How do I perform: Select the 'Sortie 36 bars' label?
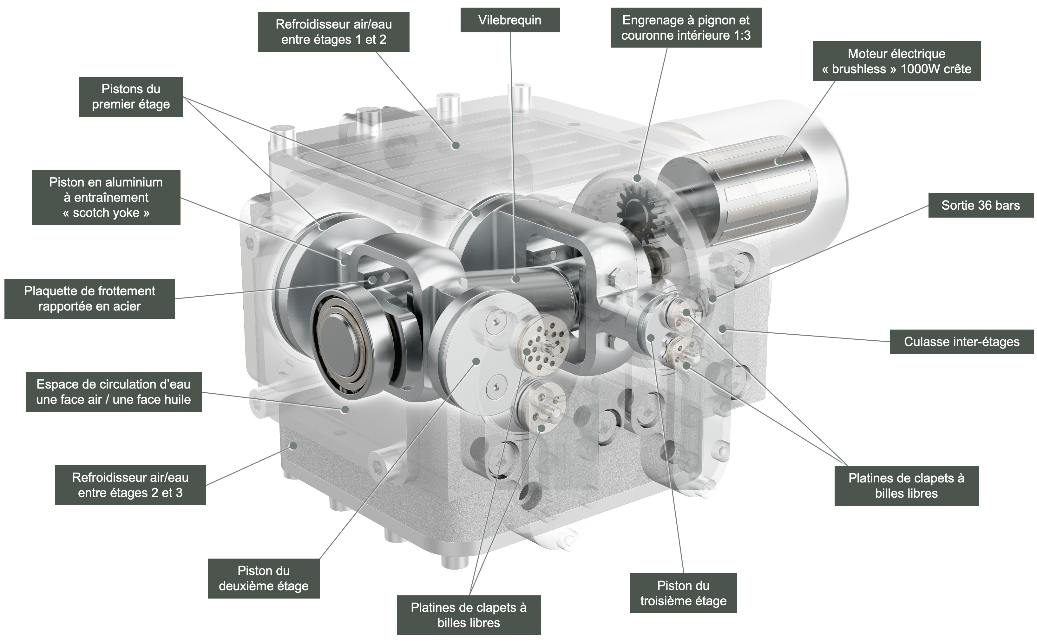click(x=981, y=206)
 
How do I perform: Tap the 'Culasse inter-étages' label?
click(x=962, y=342)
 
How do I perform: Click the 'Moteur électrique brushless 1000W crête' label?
click(x=896, y=61)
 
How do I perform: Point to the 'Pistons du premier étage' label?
click(x=131, y=96)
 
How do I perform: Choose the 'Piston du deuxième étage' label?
click(x=263, y=578)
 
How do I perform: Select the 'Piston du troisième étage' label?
click(x=683, y=593)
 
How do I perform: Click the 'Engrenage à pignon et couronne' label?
click(x=686, y=28)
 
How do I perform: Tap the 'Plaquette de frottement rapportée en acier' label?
click(x=89, y=298)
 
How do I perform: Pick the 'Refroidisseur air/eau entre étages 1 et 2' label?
click(x=333, y=32)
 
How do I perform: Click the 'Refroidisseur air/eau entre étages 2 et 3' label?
click(x=130, y=485)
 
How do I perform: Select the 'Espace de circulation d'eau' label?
click(x=113, y=392)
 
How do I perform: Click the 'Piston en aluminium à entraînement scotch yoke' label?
click(x=106, y=197)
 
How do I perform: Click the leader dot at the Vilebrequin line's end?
click(x=515, y=279)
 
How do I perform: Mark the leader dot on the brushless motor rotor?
click(x=779, y=161)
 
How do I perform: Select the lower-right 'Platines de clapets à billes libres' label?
click(x=906, y=486)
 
